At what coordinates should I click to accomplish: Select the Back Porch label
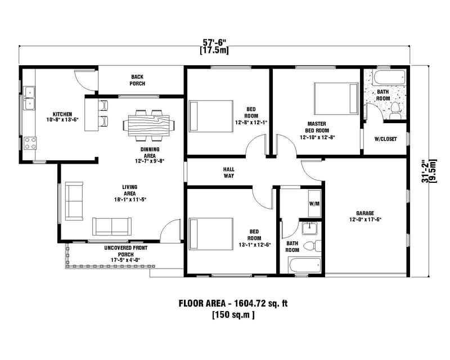[138, 80]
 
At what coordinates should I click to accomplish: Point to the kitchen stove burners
[29, 143]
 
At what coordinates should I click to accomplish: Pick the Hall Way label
[228, 172]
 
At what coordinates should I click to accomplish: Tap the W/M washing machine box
[314, 204]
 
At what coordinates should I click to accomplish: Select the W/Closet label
[385, 139]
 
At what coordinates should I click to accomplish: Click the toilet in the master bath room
[395, 110]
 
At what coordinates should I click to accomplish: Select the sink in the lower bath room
[309, 228]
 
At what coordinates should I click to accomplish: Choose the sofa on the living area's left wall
[73, 200]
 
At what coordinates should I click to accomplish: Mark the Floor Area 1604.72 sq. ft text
[233, 304]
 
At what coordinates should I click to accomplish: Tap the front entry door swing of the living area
[168, 230]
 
